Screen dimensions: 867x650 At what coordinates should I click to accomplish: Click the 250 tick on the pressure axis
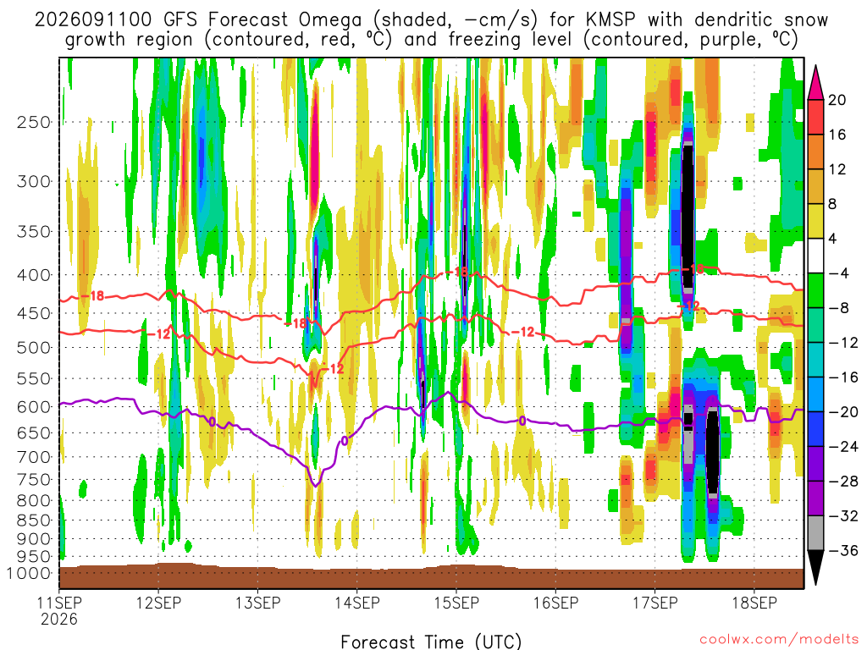(x=34, y=122)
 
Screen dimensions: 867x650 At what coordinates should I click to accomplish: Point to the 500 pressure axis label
(x=34, y=348)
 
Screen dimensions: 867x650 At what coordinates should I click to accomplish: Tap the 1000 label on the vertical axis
(x=28, y=573)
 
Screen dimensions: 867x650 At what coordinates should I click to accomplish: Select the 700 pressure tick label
(x=34, y=457)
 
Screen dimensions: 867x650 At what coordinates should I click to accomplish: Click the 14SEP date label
(x=357, y=603)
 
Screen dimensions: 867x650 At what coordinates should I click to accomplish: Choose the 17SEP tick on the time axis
(x=655, y=603)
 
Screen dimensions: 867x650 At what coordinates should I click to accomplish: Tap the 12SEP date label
(x=158, y=603)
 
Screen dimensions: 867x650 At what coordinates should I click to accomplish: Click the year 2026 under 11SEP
(x=59, y=619)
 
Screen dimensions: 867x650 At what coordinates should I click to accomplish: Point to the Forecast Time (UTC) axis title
(x=431, y=642)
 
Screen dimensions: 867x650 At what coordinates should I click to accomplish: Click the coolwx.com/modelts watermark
(x=780, y=640)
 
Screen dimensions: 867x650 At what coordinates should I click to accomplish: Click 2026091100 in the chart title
(x=93, y=20)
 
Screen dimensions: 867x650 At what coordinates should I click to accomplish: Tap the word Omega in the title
(x=330, y=20)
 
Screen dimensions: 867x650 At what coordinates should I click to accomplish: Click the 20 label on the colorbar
(x=837, y=100)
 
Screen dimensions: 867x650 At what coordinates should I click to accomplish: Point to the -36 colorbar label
(x=842, y=550)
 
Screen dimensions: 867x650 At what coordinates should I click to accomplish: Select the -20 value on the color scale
(x=842, y=412)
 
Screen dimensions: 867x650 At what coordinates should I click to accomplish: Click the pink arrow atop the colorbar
(x=816, y=83)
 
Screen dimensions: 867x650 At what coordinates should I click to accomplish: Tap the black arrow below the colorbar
(x=816, y=567)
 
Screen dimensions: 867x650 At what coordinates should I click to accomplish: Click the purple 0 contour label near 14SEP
(x=345, y=440)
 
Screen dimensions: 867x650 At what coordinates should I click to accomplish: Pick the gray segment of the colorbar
(x=816, y=533)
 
